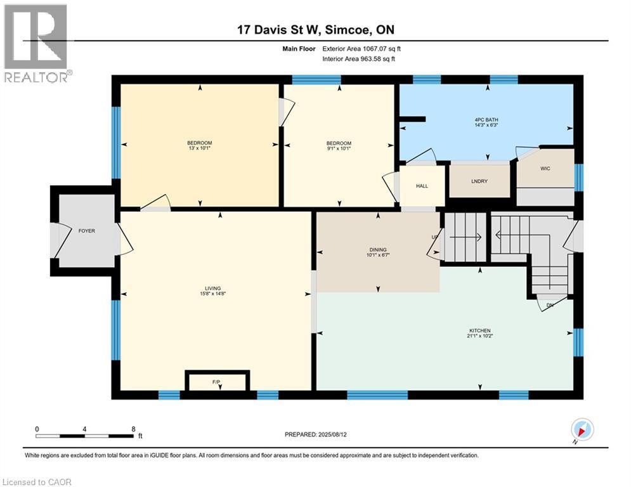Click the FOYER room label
point(87,231)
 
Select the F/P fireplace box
point(216,382)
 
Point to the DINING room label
point(378,250)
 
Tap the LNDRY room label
point(479,181)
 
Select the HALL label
point(422,186)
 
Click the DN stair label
point(550,305)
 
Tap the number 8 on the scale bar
point(133,429)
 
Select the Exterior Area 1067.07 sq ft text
point(361,48)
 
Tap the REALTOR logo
point(36,42)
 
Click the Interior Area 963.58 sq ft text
point(360,59)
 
